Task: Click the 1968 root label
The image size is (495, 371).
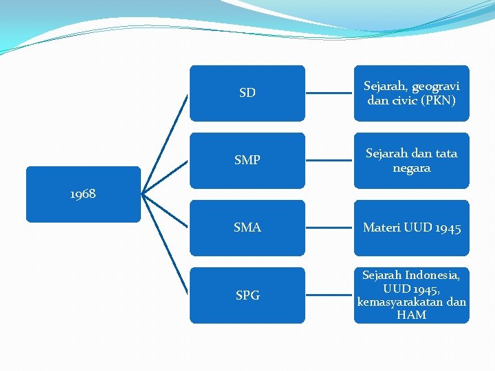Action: click(x=83, y=194)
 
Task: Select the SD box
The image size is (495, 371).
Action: click(x=247, y=93)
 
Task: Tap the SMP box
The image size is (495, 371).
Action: click(x=247, y=160)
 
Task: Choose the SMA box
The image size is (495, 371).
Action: click(x=247, y=227)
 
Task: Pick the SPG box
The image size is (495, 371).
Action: click(x=247, y=295)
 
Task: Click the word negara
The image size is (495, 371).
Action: click(x=412, y=168)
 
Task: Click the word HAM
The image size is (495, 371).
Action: click(x=412, y=315)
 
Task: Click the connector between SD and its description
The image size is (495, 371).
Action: click(x=329, y=93)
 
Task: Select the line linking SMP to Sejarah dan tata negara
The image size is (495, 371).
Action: click(x=329, y=160)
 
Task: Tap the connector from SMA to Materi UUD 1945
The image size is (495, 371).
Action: click(x=329, y=227)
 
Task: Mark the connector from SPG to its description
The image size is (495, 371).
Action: click(x=329, y=295)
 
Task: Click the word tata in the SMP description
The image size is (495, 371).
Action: click(x=445, y=154)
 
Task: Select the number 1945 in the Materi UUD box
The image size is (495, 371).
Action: click(x=448, y=228)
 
